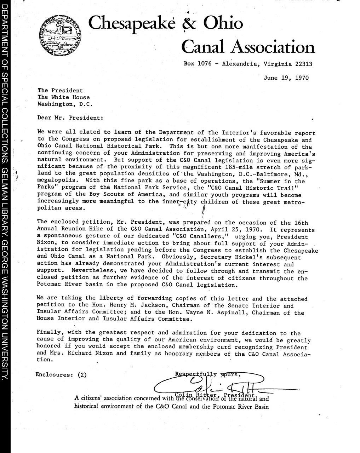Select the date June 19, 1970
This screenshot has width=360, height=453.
coord(286,78)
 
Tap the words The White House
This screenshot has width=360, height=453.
coord(64,97)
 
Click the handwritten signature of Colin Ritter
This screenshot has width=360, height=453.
coord(212,384)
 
